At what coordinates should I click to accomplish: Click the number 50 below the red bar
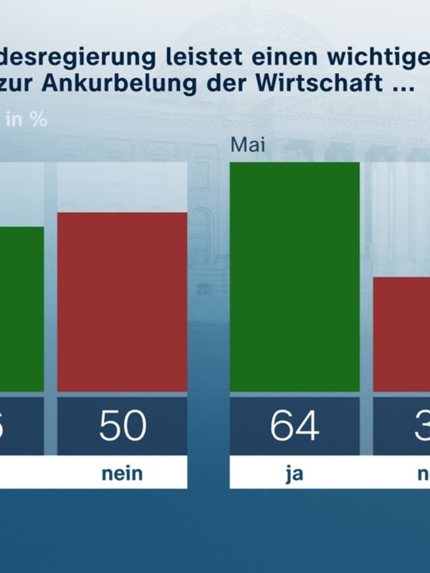[122, 426]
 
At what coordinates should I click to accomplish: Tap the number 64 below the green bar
[295, 426]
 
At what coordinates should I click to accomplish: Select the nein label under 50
[122, 473]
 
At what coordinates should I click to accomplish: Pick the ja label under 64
[295, 473]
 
